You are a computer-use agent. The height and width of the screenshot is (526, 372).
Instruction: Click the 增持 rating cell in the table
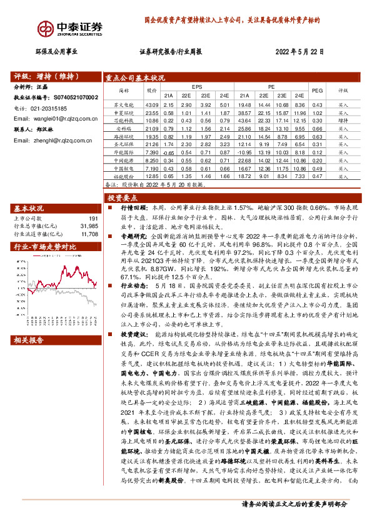coord(343,120)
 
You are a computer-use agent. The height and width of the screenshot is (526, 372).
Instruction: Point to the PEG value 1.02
coord(317,112)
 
